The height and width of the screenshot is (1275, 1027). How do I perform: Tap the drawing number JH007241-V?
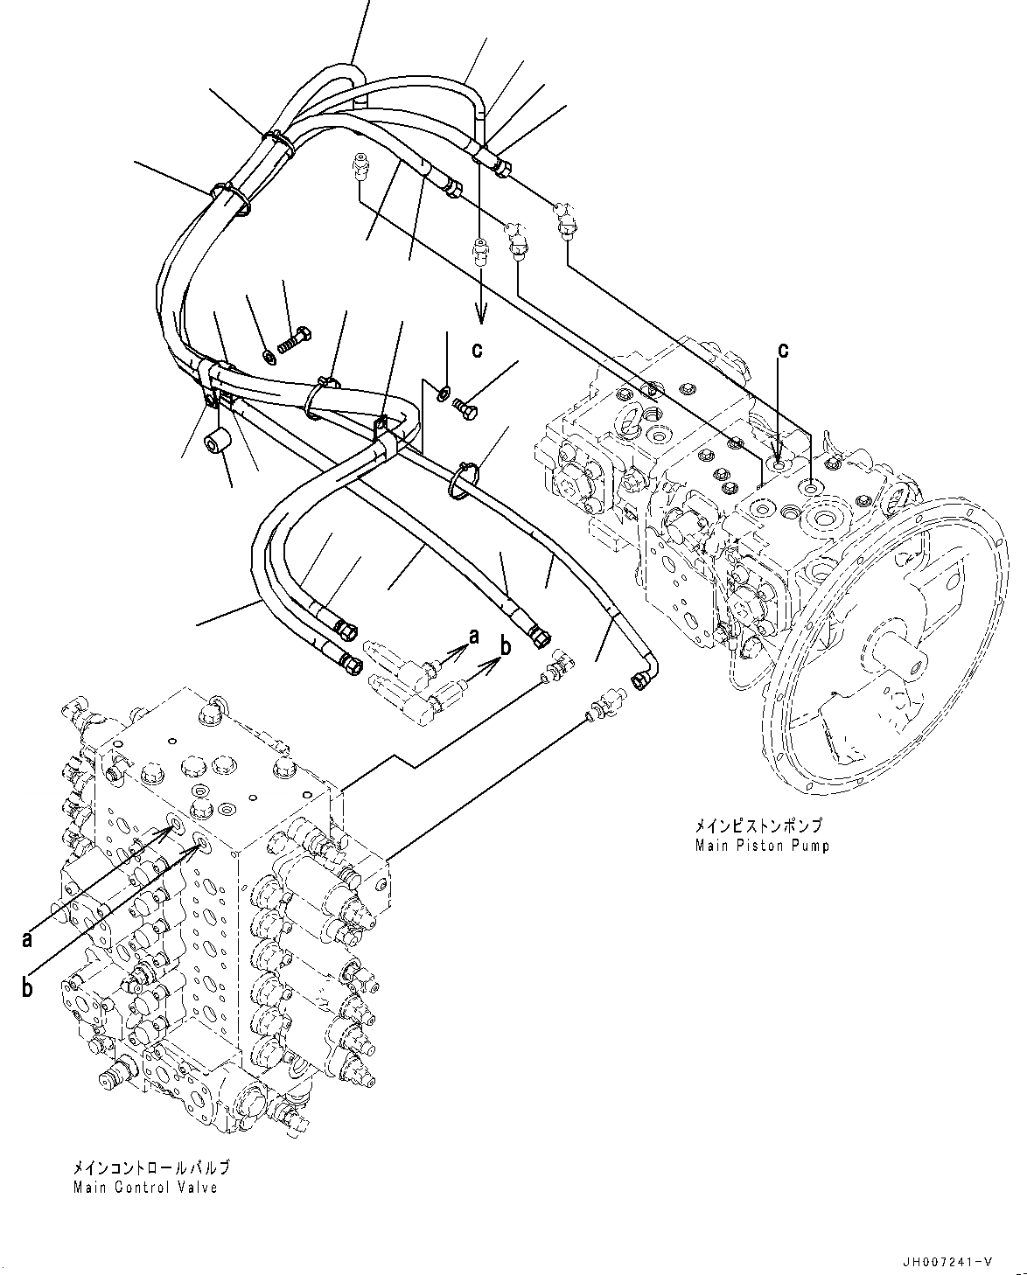pyautogui.click(x=949, y=1260)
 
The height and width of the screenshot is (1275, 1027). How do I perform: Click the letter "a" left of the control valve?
pyautogui.click(x=28, y=939)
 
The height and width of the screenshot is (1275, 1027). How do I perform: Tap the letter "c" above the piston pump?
pyautogui.click(x=783, y=350)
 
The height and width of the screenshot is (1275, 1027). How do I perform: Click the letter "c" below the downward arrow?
pyautogui.click(x=477, y=350)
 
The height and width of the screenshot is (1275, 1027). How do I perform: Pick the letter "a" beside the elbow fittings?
pyautogui.click(x=473, y=637)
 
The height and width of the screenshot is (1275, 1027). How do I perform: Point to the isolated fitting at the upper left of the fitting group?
pyautogui.click(x=359, y=166)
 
